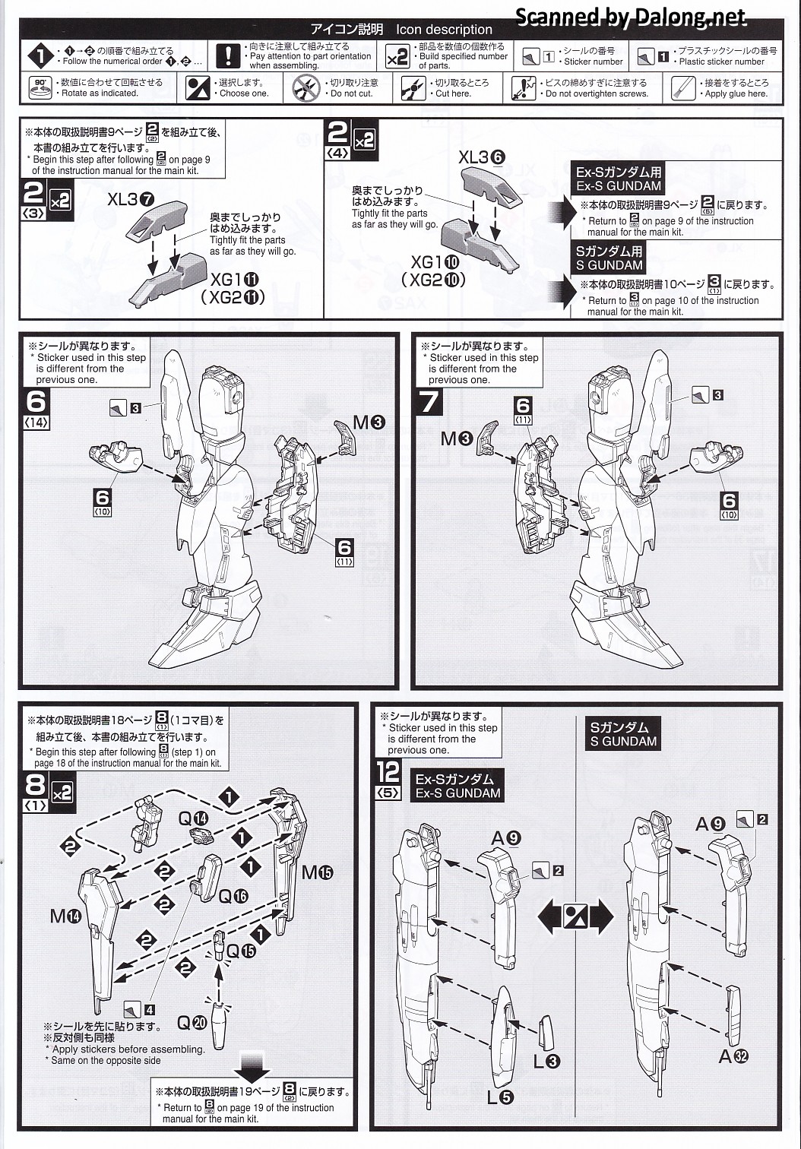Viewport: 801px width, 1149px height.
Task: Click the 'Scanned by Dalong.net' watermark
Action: point(631,17)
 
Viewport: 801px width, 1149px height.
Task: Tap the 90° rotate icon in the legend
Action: point(40,87)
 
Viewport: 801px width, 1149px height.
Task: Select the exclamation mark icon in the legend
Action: point(228,56)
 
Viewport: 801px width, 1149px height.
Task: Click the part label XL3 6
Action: point(482,157)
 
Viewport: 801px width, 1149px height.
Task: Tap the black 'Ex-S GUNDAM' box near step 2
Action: point(619,179)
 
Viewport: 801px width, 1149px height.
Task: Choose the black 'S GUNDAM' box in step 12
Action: point(624,734)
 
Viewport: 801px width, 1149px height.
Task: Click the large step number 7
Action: point(429,400)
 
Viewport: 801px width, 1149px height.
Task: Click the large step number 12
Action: point(388,771)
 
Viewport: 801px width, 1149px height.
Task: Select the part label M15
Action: point(317,872)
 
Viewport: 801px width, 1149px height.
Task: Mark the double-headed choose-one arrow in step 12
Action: point(575,917)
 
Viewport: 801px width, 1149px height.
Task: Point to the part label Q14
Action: point(193,818)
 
